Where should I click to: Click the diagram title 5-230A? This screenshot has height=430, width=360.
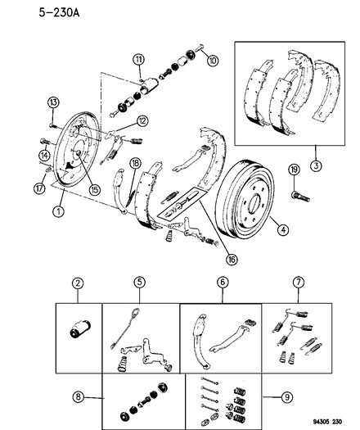click(x=59, y=12)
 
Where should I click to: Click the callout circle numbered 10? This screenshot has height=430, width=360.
click(x=213, y=61)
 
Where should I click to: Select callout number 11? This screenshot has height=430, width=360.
click(x=139, y=59)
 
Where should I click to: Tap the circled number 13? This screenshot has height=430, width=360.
click(x=53, y=102)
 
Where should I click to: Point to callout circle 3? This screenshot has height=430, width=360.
click(x=316, y=165)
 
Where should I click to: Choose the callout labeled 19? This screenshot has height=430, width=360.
click(x=294, y=170)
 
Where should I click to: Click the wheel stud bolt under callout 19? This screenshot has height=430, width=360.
click(x=300, y=197)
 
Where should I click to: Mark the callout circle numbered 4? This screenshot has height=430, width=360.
click(x=283, y=229)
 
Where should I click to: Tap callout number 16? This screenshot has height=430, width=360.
click(x=232, y=259)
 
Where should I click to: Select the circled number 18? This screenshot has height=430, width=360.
click(x=135, y=164)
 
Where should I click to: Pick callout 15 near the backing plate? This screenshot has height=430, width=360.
click(x=95, y=189)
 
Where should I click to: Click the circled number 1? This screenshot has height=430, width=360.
click(x=58, y=211)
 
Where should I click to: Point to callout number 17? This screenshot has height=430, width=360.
click(x=39, y=188)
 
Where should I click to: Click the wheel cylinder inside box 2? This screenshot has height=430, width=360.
click(x=79, y=329)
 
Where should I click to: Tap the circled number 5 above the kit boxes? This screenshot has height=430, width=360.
click(x=139, y=283)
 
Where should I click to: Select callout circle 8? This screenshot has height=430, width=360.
click(x=79, y=396)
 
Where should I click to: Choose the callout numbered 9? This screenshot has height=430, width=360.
click(x=287, y=396)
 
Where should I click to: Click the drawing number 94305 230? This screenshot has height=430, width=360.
click(x=326, y=422)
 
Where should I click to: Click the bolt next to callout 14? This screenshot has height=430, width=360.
click(x=45, y=141)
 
